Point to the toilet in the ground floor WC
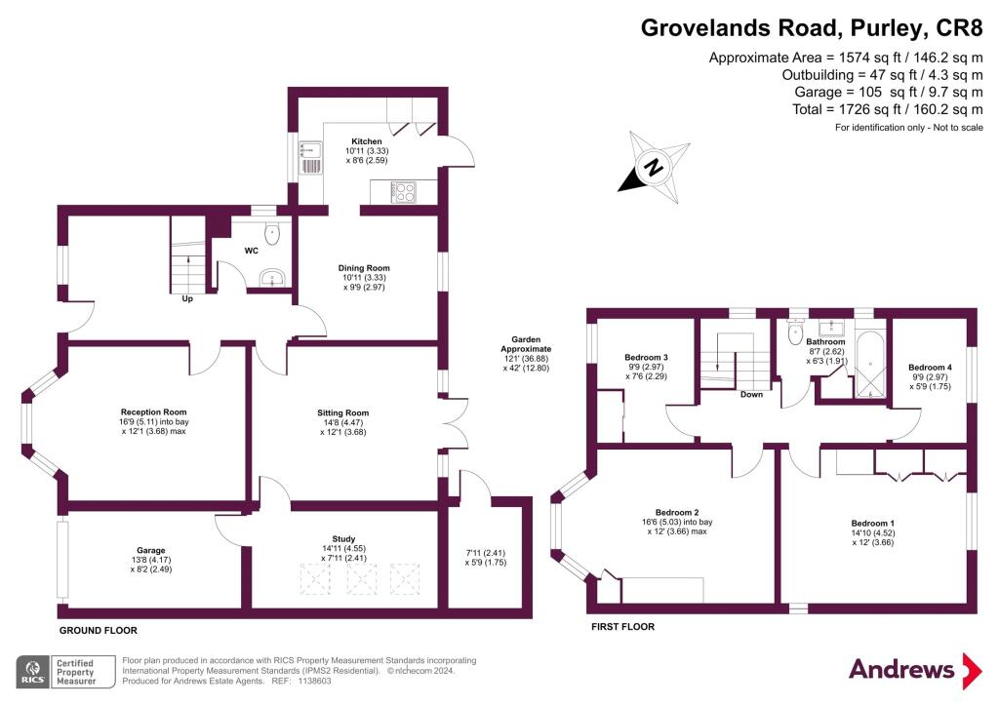(272, 232)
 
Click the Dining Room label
(364, 268)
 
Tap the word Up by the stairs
(187, 299)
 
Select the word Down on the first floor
(751, 395)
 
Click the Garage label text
(150, 551)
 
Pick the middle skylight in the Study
(364, 580)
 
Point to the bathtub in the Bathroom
(867, 367)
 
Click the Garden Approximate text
(526, 343)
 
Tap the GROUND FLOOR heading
(98, 631)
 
